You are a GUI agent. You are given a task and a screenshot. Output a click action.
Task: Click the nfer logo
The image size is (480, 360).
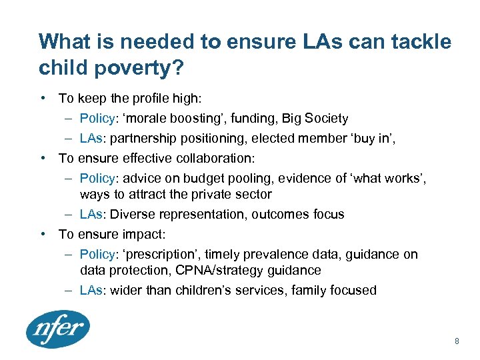tap(57, 329)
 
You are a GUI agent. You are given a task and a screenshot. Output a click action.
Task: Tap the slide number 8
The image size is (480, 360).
tap(457, 341)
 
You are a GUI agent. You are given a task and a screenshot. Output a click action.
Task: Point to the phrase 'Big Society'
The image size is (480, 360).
tap(315, 119)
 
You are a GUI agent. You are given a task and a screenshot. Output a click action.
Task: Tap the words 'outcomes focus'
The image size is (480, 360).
tap(300, 215)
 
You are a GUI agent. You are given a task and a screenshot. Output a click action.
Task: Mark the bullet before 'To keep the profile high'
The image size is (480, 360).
tap(43, 99)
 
